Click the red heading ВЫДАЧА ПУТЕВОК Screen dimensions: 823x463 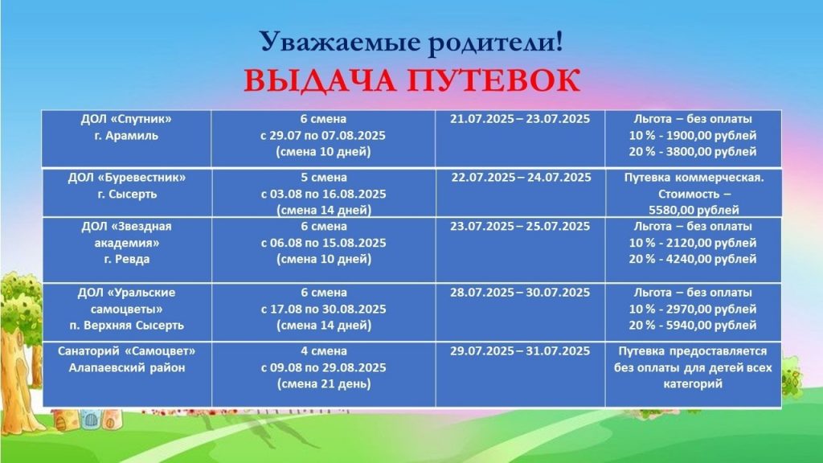point(412,81)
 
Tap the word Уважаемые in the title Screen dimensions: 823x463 point(340,42)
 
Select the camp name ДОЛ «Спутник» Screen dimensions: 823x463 point(126,119)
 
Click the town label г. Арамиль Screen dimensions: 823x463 point(126,135)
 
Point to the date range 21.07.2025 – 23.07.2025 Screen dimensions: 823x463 point(520,119)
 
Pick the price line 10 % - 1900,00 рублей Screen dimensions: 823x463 point(693,135)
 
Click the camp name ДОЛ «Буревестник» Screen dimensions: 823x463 point(126,178)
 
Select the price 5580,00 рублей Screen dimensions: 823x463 point(694,210)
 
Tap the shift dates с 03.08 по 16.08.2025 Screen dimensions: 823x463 point(323,194)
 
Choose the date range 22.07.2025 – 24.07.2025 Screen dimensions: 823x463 point(521,178)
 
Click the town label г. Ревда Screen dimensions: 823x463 point(126,259)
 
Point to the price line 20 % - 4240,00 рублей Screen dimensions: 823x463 point(693,259)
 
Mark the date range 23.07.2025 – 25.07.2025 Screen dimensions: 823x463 point(520,226)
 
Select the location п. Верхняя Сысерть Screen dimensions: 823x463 point(126,325)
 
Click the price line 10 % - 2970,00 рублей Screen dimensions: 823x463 point(693,309)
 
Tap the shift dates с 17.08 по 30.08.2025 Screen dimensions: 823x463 point(323,309)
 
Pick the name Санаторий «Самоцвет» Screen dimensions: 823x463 point(126,350)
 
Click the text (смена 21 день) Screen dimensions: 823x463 point(324,383)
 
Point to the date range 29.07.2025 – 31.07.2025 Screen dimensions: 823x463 point(520,350)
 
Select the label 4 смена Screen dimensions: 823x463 point(324,350)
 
